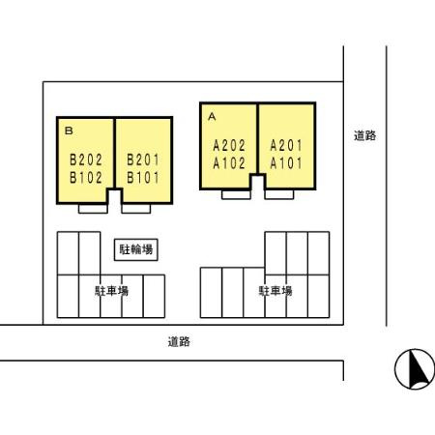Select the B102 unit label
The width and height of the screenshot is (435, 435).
pos(86,177)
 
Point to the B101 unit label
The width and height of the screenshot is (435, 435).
pos(143,177)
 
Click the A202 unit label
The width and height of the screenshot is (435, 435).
pos(229,146)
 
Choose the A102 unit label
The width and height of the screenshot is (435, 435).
pos(229,162)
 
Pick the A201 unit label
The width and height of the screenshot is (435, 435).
pos(286,146)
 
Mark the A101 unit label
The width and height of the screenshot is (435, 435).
pos(286,162)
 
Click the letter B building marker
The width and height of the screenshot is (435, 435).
pos(68,129)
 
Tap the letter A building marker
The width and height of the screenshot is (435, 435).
pos(211,114)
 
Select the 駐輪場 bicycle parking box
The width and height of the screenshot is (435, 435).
pos(135,248)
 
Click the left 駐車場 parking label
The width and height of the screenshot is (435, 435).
pos(112,290)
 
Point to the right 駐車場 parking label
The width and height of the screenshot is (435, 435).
pos(275,290)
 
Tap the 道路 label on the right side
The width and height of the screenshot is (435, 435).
pos(364,136)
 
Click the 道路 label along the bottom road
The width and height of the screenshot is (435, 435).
pos(178,341)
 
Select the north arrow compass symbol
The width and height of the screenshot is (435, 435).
pos(414,369)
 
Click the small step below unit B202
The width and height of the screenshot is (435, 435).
pos(94,208)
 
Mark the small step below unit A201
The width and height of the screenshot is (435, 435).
pos(279,193)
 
